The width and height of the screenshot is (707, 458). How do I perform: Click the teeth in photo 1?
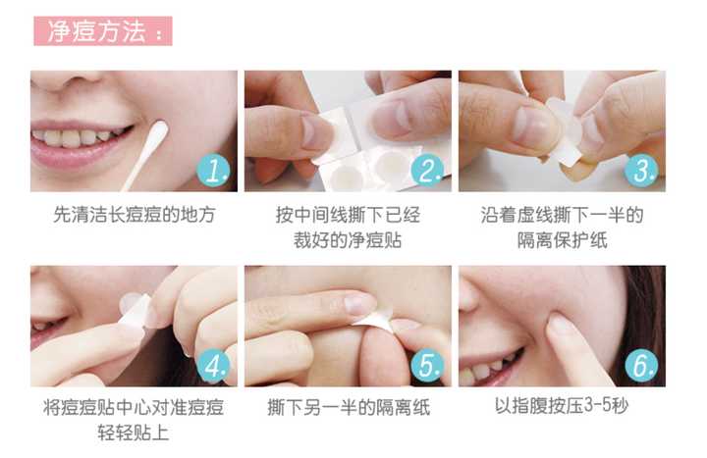click(x=74, y=137)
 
